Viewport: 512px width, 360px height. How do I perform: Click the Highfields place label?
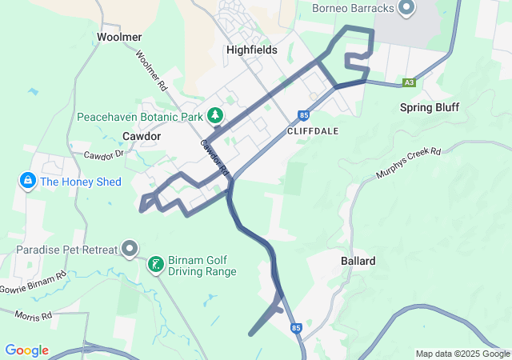click(251, 50)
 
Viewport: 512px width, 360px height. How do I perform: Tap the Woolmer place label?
click(119, 37)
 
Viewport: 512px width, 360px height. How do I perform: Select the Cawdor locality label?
click(142, 136)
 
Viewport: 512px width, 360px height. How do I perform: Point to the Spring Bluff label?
click(428, 107)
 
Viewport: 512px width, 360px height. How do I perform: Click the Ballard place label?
click(358, 261)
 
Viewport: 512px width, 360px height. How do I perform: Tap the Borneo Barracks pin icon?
click(406, 8)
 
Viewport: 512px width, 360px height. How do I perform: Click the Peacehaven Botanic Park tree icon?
click(215, 116)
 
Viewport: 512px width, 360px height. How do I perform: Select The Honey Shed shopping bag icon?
click(28, 181)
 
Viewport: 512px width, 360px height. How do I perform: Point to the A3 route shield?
click(410, 82)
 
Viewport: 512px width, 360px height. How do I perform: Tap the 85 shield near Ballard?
click(296, 327)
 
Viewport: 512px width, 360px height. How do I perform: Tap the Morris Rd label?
click(33, 316)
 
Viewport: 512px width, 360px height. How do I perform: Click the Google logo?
click(26, 350)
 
